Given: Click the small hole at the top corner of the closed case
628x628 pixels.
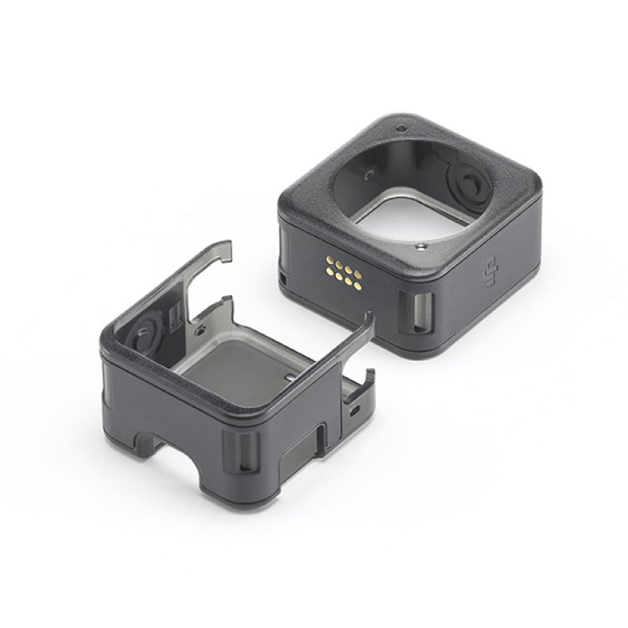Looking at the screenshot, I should coord(400,128).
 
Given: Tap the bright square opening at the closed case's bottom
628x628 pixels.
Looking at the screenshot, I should coord(392,214).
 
